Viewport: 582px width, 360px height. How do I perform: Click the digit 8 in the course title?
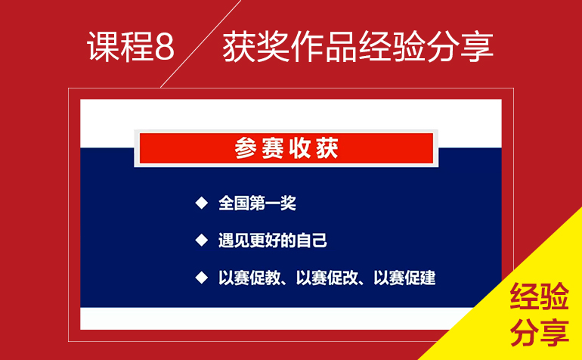click(164, 47)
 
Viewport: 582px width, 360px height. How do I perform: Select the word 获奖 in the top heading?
click(256, 46)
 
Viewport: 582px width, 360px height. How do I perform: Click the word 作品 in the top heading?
click(324, 46)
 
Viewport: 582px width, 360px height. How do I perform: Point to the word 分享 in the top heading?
click(460, 46)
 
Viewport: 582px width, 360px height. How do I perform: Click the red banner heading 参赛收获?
click(286, 148)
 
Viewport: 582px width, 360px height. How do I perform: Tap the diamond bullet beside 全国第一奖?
click(202, 203)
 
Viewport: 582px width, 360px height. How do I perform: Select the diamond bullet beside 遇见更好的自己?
click(202, 241)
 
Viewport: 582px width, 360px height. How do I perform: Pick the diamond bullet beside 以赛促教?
click(202, 278)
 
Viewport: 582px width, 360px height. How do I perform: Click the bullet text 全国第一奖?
click(257, 203)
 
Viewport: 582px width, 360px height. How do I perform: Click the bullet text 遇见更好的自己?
click(273, 241)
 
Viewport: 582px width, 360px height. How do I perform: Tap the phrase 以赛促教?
click(249, 278)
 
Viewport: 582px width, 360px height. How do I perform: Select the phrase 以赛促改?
click(327, 278)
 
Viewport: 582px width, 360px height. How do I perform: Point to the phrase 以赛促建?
click(404, 278)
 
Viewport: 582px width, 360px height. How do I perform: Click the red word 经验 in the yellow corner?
click(540, 296)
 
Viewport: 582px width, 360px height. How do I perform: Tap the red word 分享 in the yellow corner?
click(540, 333)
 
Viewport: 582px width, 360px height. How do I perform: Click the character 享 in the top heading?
click(477, 46)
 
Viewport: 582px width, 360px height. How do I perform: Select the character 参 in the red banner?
click(246, 148)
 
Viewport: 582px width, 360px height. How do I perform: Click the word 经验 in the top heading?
click(392, 46)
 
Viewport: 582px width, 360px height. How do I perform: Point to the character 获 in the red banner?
click(327, 148)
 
